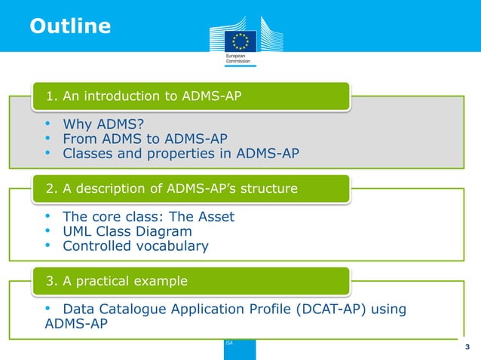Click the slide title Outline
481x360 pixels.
click(x=70, y=26)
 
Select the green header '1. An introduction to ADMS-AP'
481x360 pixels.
click(x=143, y=96)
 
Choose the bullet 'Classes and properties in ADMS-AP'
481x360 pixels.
click(x=180, y=154)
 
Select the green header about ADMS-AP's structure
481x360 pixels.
click(x=172, y=188)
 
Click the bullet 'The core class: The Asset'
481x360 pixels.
click(x=149, y=216)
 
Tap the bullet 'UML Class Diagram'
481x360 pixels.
click(x=127, y=231)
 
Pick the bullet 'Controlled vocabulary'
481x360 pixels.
click(x=136, y=246)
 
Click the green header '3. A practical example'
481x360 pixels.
click(x=117, y=281)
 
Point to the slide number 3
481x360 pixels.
click(x=467, y=346)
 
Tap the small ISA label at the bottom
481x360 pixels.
click(x=229, y=343)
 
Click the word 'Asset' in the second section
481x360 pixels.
click(x=214, y=216)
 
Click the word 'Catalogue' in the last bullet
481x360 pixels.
click(x=136, y=309)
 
